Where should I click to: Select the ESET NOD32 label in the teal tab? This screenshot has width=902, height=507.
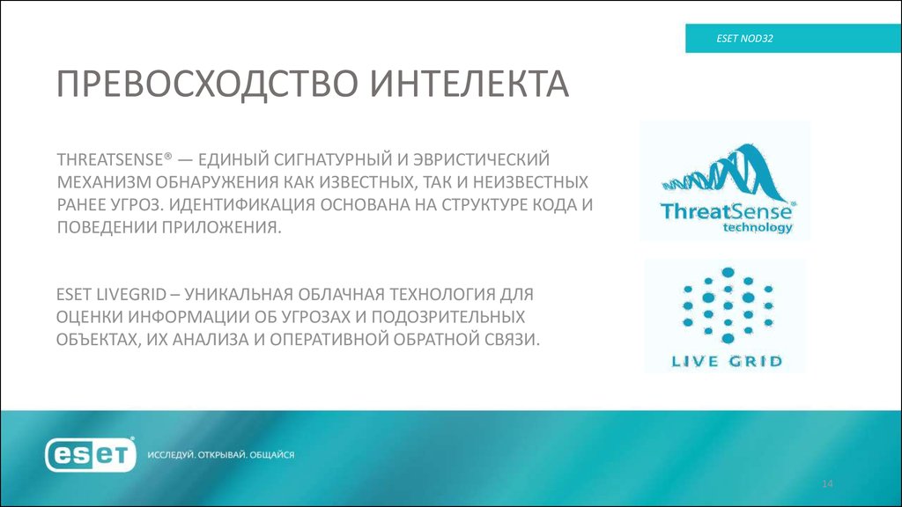tap(744, 40)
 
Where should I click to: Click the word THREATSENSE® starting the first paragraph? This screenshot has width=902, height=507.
tap(114, 160)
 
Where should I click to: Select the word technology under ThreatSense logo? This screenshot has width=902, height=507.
tap(757, 226)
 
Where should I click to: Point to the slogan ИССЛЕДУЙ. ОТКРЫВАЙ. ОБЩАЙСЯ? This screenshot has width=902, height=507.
tap(221, 455)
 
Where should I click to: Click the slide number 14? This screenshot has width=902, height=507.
tap(827, 485)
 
